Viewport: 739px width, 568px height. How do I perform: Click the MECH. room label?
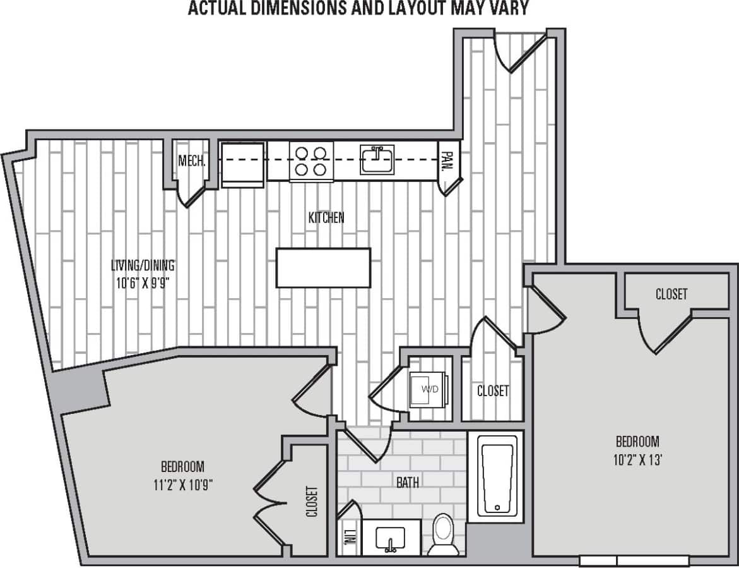191,161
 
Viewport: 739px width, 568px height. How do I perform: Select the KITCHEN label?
326,218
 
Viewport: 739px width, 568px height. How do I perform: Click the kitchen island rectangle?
323,268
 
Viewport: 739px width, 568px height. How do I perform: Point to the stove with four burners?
311,160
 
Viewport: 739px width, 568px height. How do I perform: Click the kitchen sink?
377,159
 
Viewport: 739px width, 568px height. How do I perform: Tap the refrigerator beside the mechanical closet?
242,164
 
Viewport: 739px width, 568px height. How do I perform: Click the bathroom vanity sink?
389,539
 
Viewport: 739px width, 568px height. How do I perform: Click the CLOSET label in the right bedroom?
671,294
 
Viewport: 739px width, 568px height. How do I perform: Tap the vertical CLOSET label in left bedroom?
311,501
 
